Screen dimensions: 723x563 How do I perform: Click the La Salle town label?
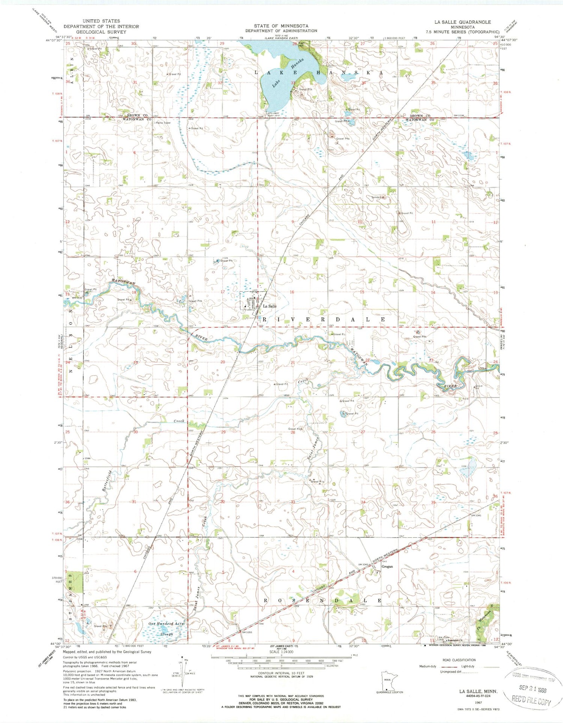pos(269,306)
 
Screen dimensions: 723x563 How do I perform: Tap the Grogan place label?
pos(387,567)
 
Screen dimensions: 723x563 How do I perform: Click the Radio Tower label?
pos(163,123)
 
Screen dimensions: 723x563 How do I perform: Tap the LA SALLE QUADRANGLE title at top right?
pos(464,22)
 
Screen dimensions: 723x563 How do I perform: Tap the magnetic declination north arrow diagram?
pos(182,675)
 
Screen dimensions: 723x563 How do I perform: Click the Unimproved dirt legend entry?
pos(450,672)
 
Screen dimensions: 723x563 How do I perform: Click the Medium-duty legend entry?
pos(428,666)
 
